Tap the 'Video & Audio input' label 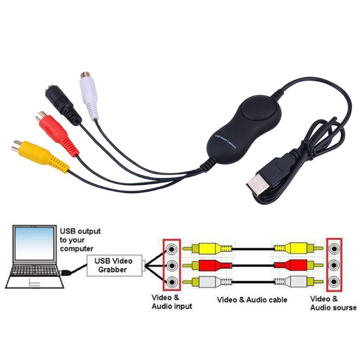pyautogui.click(x=171, y=302)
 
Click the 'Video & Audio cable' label pyautogui.click(x=252, y=300)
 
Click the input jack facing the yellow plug pyautogui.click(x=171, y=248)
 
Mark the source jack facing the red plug pyautogui.click(x=333, y=265)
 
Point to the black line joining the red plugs pyautogui.click(x=252, y=265)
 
